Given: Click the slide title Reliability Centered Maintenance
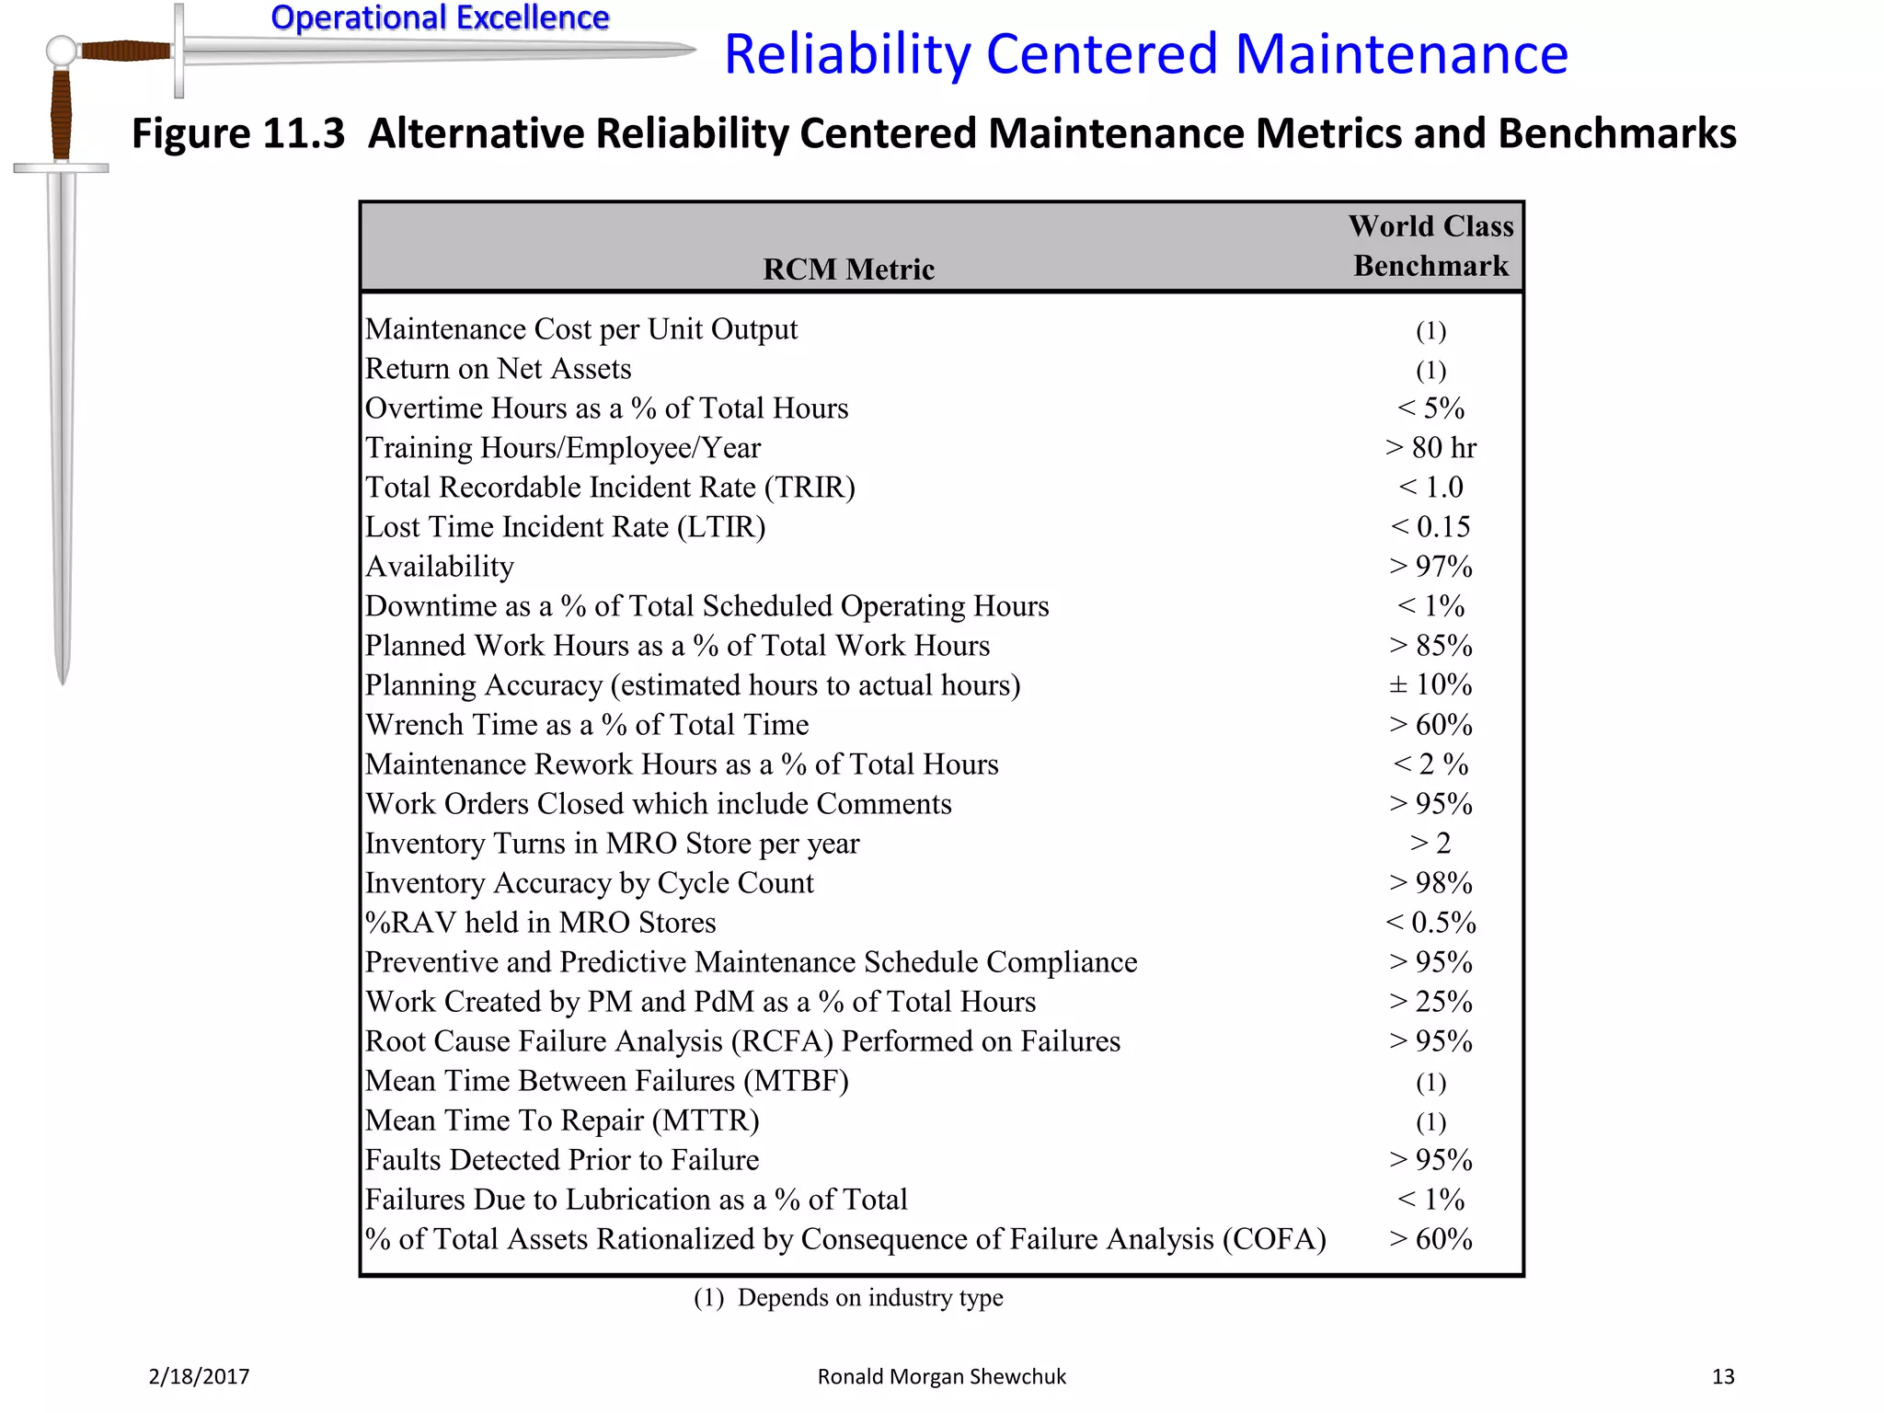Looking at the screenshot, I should click(x=1145, y=53).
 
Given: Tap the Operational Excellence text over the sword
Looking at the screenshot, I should click(x=440, y=17).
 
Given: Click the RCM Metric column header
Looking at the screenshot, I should click(x=848, y=269).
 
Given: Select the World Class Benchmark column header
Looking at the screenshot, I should click(x=1430, y=246).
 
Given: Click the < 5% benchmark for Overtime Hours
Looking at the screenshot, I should click(x=1430, y=408).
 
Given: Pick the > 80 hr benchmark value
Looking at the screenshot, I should click(x=1430, y=447).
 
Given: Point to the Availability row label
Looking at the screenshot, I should click(x=440, y=566).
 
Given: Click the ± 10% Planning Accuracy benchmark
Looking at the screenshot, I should click(x=1430, y=684).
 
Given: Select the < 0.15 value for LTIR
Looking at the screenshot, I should click(x=1430, y=526).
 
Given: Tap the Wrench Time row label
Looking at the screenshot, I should click(x=587, y=724).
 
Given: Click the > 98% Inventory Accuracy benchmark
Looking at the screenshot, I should click(x=1430, y=882).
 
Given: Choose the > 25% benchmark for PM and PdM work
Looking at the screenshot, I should click(x=1430, y=1001).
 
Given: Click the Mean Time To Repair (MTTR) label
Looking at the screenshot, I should click(x=562, y=1120).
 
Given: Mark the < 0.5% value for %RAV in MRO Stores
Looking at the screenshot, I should click(x=1430, y=922).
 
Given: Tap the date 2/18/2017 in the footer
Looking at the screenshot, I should click(x=199, y=1376).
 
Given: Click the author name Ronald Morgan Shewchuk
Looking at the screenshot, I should click(x=941, y=1376).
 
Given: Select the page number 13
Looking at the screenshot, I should click(x=1722, y=1376).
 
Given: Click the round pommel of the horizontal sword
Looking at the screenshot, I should click(x=62, y=51).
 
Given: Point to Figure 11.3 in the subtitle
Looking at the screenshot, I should click(x=238, y=133).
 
